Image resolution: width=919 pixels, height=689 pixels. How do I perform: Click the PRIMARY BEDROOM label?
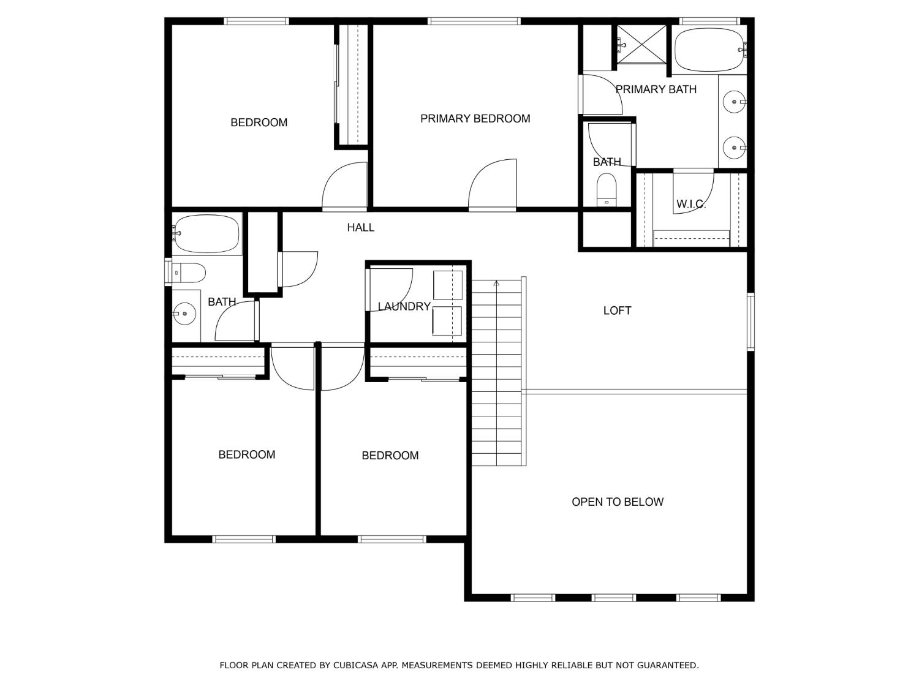pos(475,119)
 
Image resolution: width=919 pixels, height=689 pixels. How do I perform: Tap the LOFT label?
pos(617,311)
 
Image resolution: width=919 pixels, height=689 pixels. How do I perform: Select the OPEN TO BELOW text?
pos(617,502)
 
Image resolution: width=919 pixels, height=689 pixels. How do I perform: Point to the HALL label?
pos(360,228)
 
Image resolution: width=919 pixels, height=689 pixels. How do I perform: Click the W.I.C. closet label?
pos(690,205)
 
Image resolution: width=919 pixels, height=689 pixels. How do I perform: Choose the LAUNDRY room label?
pos(404,307)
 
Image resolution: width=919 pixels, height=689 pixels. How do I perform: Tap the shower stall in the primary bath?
pos(640,43)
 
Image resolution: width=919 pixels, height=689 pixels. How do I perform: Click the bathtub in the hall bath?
pos(206,233)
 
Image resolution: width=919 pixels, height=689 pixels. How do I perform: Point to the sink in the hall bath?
pos(184,314)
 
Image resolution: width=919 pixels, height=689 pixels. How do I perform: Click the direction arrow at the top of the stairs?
pos(496,284)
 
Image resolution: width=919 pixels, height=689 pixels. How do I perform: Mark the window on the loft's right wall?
pos(751,322)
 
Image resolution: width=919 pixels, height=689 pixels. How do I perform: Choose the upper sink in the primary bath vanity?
pos(733,102)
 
